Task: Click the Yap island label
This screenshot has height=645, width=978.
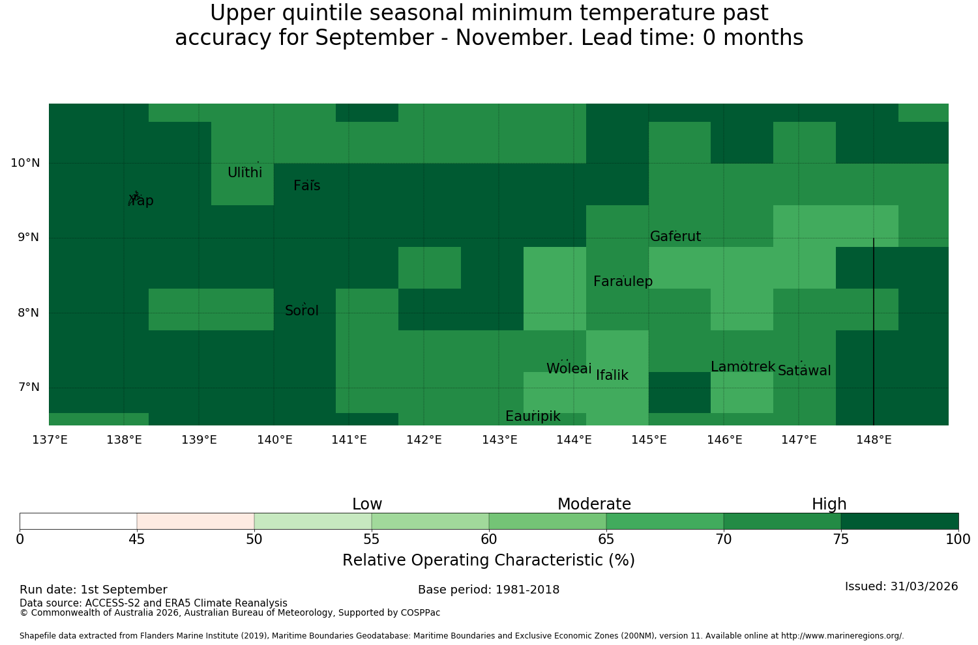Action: click(141, 200)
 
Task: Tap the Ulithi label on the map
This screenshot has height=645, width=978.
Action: click(245, 173)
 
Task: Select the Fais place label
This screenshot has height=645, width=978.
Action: click(307, 186)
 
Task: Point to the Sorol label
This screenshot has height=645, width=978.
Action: click(302, 310)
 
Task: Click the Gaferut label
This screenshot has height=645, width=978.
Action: click(675, 236)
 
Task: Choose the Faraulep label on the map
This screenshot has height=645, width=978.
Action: click(623, 281)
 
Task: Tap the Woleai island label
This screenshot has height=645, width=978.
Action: click(569, 368)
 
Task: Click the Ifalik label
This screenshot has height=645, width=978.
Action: click(612, 375)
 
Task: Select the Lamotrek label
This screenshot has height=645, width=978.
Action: click(743, 367)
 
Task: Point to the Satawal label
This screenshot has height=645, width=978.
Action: click(804, 371)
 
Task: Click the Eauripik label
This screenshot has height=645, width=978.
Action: click(533, 416)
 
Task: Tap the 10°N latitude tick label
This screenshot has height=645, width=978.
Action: click(25, 163)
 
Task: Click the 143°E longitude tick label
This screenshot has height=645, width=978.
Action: click(499, 440)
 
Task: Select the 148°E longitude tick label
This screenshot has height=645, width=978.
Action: click(874, 440)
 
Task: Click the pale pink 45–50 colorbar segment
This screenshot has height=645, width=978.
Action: click(196, 521)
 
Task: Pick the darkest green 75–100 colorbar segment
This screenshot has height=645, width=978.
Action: click(900, 521)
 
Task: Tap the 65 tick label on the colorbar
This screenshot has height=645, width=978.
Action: click(606, 539)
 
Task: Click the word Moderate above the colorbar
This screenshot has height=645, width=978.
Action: click(594, 504)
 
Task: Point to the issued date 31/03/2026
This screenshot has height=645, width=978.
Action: click(924, 586)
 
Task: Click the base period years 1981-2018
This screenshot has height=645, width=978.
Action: click(527, 590)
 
